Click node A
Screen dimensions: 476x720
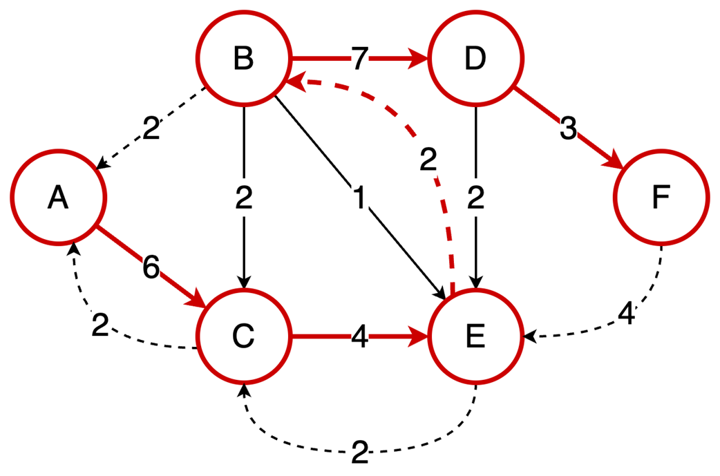(58, 198)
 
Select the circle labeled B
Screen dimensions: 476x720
(243, 59)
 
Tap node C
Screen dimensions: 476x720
(243, 337)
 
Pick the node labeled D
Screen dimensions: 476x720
(475, 59)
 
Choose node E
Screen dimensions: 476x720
(475, 337)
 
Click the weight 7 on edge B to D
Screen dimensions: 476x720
(359, 60)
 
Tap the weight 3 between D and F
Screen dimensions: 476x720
(567, 129)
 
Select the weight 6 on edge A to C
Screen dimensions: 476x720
(151, 267)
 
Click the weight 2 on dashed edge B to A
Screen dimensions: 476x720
(151, 128)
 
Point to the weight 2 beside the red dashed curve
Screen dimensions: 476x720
(428, 161)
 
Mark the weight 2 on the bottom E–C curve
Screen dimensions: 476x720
(359, 453)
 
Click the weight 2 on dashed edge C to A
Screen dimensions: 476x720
(100, 325)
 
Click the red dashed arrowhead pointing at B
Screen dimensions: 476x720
(295, 82)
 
